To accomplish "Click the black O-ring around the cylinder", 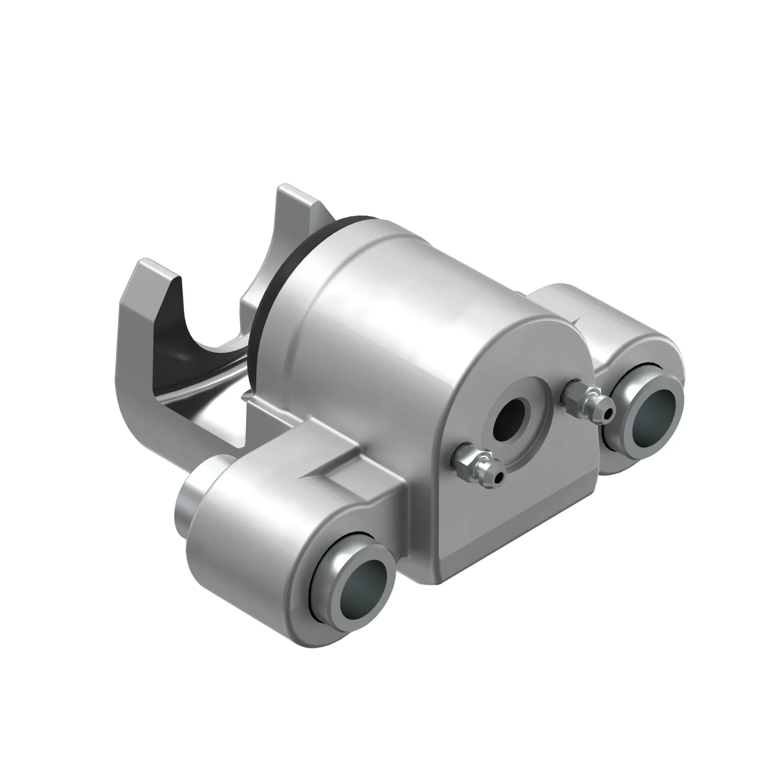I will [283, 283].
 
